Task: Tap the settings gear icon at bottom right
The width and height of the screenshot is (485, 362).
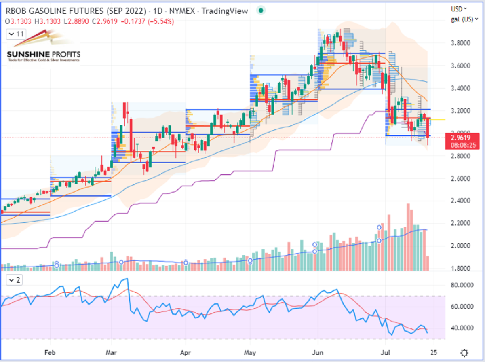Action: click(x=465, y=352)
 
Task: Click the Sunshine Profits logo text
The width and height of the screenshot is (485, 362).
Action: click(x=44, y=55)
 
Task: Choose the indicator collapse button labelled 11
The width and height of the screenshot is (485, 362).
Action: click(x=16, y=35)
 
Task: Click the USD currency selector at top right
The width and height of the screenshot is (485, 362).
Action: click(x=459, y=8)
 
